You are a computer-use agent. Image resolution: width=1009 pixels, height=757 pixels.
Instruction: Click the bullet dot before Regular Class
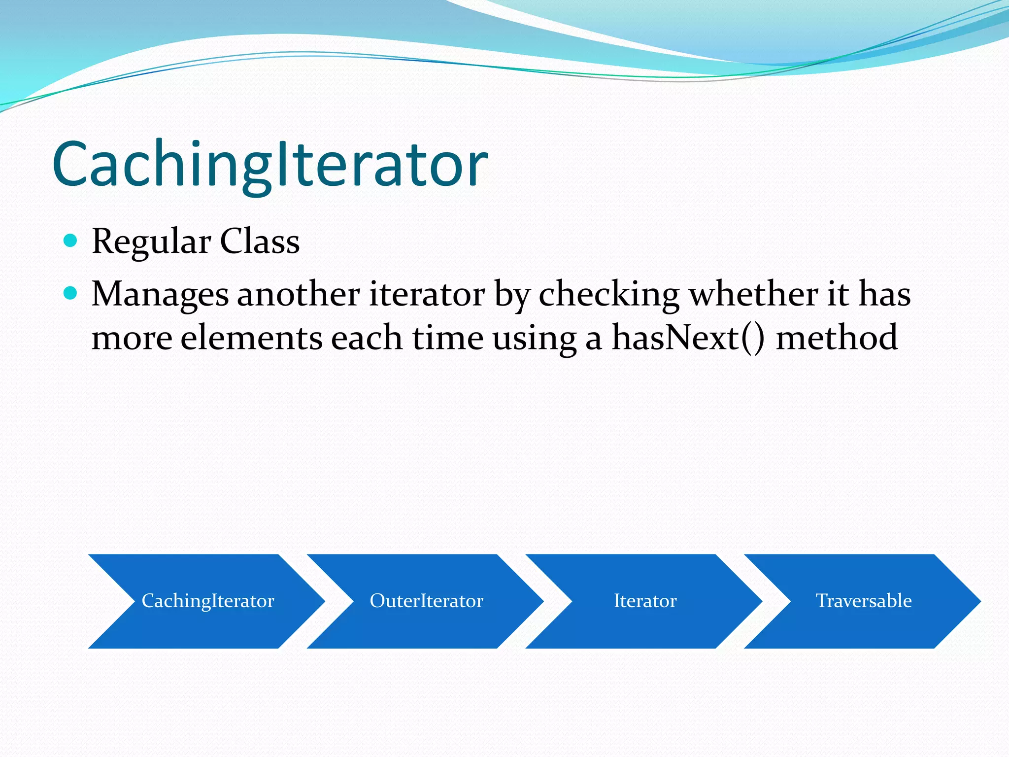click(x=71, y=241)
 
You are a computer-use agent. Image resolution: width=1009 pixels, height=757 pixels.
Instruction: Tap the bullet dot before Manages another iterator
click(x=71, y=293)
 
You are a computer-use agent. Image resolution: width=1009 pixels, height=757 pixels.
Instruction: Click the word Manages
click(x=160, y=295)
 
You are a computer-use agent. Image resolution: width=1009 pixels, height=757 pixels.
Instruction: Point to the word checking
click(x=609, y=295)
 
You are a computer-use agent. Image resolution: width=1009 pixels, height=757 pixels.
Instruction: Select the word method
click(x=837, y=338)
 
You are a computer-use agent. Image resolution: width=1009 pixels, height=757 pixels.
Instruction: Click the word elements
click(x=251, y=338)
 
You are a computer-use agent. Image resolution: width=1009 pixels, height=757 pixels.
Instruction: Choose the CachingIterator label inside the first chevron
click(x=208, y=601)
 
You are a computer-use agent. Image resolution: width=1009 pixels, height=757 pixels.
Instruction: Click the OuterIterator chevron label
click(x=426, y=601)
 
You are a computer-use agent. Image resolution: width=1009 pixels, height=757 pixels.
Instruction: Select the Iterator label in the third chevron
click(x=645, y=601)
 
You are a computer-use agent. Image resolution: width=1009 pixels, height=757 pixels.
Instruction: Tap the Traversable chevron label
click(x=864, y=601)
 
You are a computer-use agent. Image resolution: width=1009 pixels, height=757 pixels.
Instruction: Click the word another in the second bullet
click(x=299, y=294)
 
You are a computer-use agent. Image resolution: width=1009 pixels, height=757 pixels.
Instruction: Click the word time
click(x=447, y=338)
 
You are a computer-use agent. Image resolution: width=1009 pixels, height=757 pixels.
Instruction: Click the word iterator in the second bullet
click(x=427, y=294)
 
